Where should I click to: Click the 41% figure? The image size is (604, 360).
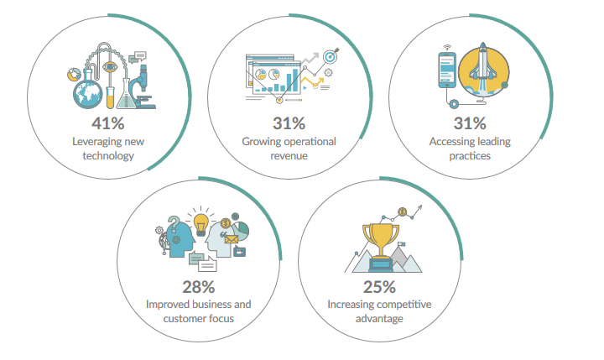[108, 123]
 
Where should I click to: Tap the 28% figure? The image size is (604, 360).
[198, 287]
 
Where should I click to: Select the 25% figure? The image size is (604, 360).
[379, 287]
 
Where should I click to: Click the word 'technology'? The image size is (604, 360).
[108, 156]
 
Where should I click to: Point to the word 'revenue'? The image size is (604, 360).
[289, 156]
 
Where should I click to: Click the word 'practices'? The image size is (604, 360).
[470, 156]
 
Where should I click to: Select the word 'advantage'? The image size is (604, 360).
[379, 319]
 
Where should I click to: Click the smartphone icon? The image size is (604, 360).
[447, 70]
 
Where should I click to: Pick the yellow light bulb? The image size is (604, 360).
[200, 224]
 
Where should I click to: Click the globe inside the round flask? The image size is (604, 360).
[88, 95]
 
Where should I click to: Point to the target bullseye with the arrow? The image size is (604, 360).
[331, 56]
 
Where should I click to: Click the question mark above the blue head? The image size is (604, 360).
[174, 224]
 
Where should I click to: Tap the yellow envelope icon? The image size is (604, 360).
[232, 240]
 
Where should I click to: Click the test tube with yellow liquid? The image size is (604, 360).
[110, 97]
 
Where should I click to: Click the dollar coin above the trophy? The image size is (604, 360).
[402, 212]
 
